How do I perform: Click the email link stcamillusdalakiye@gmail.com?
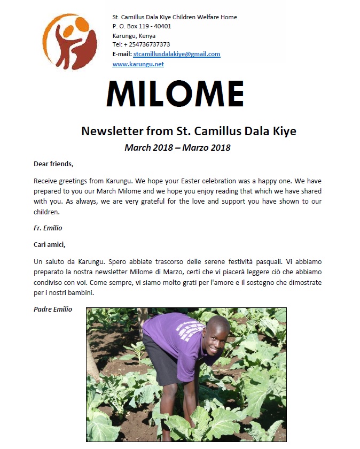(x=176, y=55)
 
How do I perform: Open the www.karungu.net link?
(x=138, y=64)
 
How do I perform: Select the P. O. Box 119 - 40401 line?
(x=142, y=26)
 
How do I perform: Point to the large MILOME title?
(x=175, y=96)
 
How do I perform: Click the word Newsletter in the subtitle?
(x=109, y=131)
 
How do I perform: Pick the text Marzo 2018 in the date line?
(x=206, y=148)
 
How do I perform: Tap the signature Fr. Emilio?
(x=48, y=228)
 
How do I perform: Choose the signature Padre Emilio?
(x=53, y=309)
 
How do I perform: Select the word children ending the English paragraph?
(x=48, y=211)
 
